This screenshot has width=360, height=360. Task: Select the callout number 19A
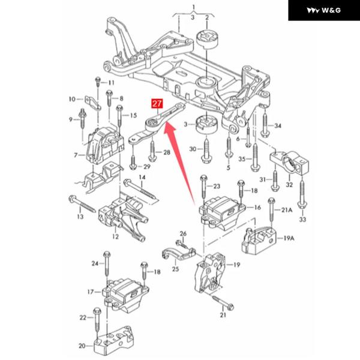click(x=289, y=238)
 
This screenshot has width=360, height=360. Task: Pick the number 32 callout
click(x=289, y=184)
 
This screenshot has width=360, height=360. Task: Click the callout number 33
click(x=302, y=220)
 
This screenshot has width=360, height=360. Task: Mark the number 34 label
click(x=277, y=127)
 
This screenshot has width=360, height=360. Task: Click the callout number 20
click(x=82, y=345)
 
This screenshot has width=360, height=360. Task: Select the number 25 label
click(x=175, y=269)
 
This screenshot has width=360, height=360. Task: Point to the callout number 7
click(x=76, y=155)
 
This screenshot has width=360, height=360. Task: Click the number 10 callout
click(x=72, y=99)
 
